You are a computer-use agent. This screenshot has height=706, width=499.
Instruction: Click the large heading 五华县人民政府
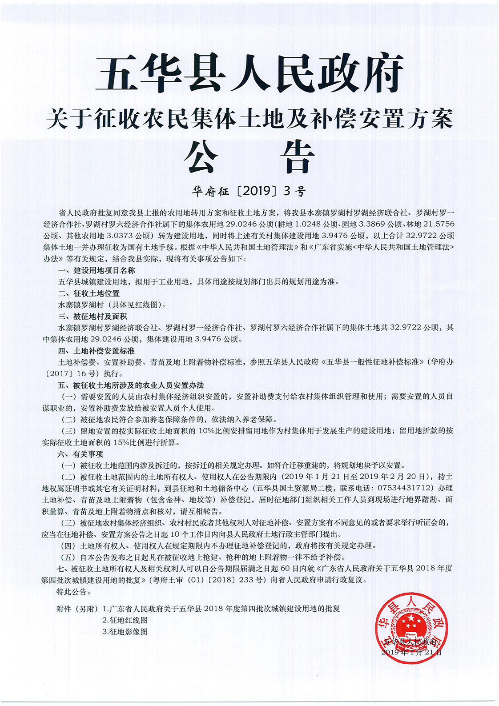pyautogui.click(x=249, y=72)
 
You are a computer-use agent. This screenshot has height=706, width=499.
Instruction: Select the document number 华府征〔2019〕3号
pyautogui.click(x=249, y=191)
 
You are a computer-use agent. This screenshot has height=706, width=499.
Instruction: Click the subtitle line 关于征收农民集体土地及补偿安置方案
pyautogui.click(x=249, y=119)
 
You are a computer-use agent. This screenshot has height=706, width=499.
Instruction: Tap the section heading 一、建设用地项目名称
pyautogui.click(x=97, y=270)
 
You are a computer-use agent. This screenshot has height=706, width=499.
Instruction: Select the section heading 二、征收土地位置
pyautogui.click(x=89, y=293)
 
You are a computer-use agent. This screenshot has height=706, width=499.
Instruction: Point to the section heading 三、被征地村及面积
pyautogui.click(x=93, y=316)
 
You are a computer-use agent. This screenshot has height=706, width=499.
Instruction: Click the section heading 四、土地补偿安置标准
pyautogui.click(x=96, y=351)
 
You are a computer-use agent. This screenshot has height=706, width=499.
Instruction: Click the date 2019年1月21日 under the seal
pyautogui.click(x=411, y=652)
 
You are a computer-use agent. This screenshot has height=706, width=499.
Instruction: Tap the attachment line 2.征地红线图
pyautogui.click(x=125, y=620)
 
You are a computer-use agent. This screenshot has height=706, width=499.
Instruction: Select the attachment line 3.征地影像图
pyautogui.click(x=125, y=632)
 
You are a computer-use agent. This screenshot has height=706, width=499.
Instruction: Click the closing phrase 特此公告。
pyautogui.click(x=74, y=592)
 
